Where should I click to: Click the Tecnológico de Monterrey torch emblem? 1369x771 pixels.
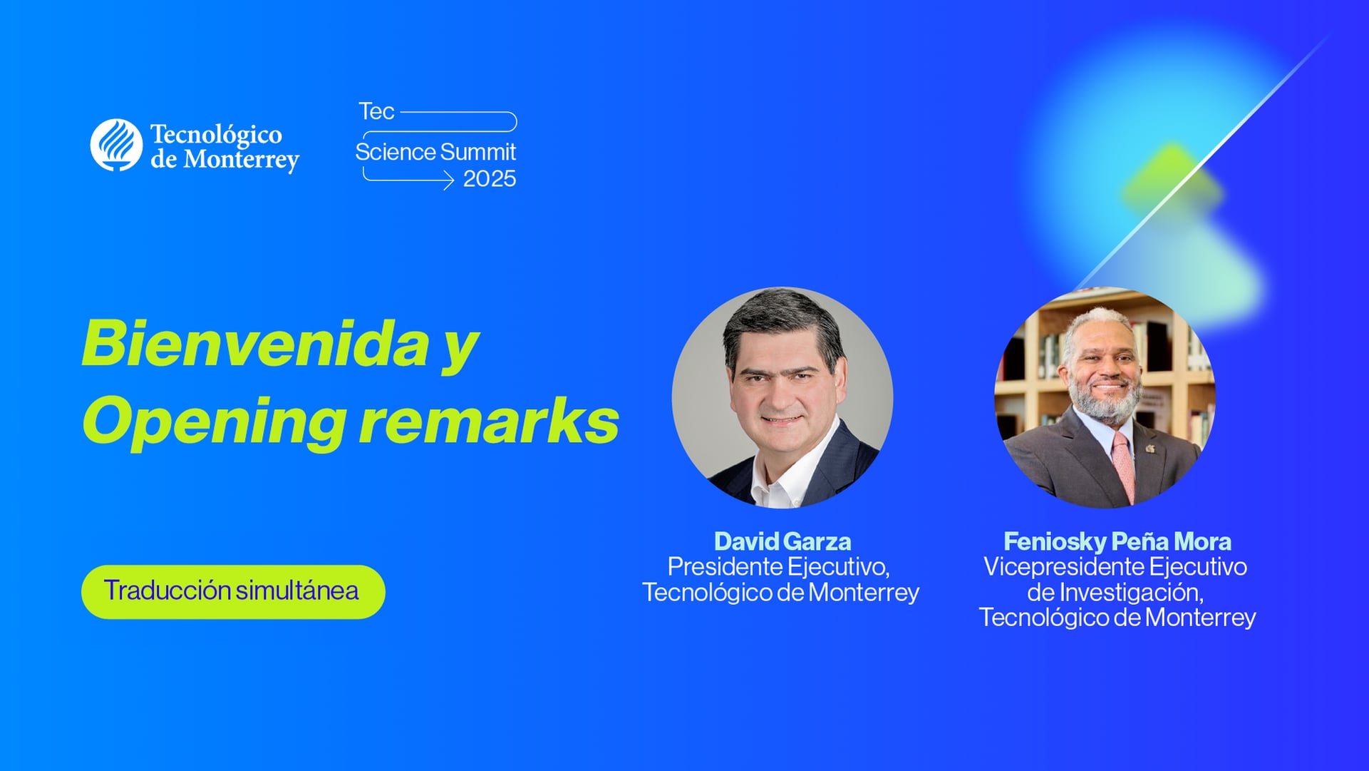click(116, 145)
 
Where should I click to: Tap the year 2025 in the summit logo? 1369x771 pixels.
click(489, 179)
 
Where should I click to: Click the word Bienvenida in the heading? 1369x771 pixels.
click(256, 344)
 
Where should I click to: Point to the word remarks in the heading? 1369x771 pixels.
click(489, 421)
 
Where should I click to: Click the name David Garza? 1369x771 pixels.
click(782, 541)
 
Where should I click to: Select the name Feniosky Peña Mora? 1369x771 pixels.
click(1117, 541)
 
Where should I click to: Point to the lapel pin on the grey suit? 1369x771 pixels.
click(1150, 448)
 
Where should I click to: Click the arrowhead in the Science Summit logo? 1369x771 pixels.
click(448, 180)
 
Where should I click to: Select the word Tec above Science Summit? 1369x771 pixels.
click(376, 112)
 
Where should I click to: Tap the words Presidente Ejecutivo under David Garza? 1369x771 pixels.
click(778, 567)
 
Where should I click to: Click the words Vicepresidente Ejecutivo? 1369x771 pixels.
click(1115, 567)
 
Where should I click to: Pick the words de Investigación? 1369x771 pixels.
click(1115, 592)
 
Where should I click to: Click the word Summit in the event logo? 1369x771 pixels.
click(477, 152)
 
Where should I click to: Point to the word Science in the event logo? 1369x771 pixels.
click(396, 152)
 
